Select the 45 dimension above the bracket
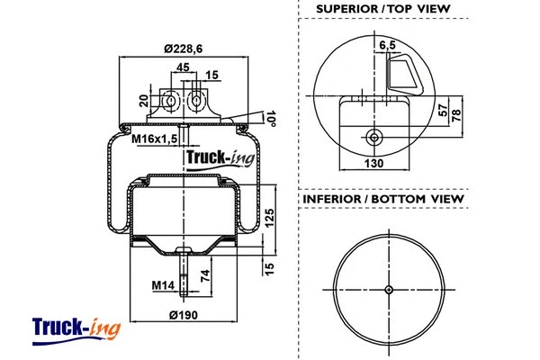click(x=182, y=67)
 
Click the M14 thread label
click(x=162, y=285)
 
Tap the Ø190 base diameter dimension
click(x=184, y=314)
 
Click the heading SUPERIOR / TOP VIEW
click(x=382, y=11)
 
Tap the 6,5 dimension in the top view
click(x=388, y=44)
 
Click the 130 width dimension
click(x=373, y=164)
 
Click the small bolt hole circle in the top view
click(x=373, y=137)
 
